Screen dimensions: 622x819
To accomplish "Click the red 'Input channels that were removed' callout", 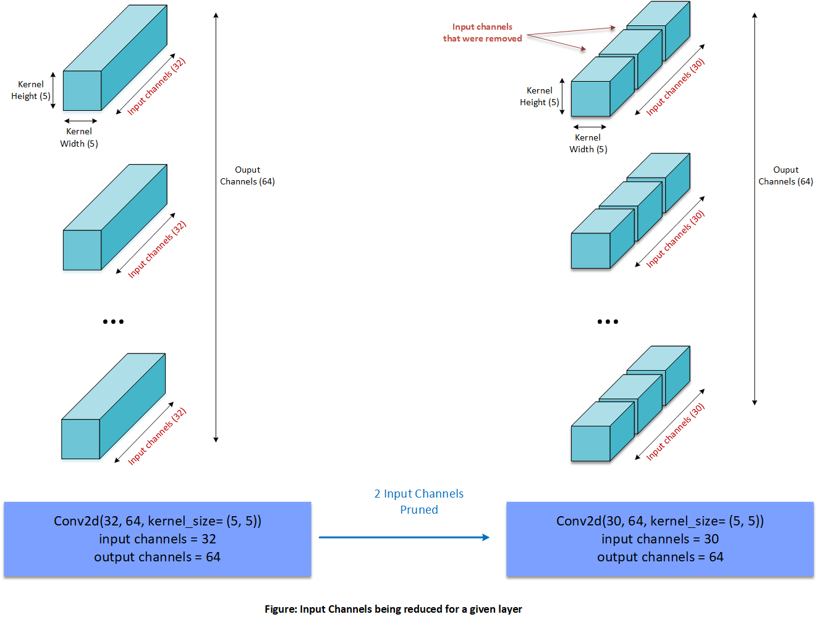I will [482, 33].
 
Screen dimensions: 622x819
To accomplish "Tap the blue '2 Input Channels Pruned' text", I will [418, 501].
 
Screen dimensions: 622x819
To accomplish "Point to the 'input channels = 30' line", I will [660, 539].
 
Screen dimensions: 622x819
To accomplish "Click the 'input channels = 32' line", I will [157, 539].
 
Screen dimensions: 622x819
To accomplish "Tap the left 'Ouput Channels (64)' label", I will [247, 176].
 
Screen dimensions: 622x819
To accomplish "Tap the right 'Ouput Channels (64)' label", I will [786, 176].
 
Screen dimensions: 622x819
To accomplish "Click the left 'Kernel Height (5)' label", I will [31, 90].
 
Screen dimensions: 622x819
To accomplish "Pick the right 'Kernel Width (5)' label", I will [588, 144].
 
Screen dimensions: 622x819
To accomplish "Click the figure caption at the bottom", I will [393, 609].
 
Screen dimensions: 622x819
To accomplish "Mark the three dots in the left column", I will [113, 322].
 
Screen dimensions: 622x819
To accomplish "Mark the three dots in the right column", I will [608, 322].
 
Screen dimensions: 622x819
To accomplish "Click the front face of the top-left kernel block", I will [82, 90].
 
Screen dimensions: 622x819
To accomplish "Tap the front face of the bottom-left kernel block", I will [80, 439].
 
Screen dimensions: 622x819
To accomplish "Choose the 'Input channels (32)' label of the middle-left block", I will [157, 249].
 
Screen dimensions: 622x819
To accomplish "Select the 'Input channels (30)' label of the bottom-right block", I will [676, 432].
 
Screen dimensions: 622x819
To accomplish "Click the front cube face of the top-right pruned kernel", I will [590, 98].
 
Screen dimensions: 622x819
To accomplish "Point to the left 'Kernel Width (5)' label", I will [79, 137].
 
